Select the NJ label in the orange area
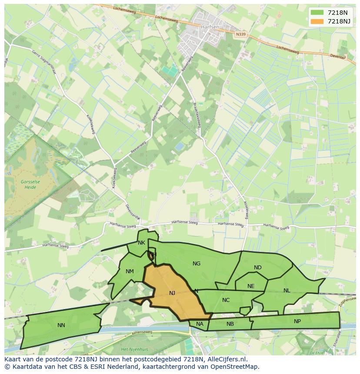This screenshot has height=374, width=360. (172, 293)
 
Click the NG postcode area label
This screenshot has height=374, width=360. (197, 264)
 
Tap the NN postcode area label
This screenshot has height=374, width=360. (61, 325)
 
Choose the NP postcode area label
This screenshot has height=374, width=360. (297, 321)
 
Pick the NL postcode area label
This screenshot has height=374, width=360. (287, 291)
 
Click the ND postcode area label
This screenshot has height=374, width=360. (258, 268)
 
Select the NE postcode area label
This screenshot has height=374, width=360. (251, 286)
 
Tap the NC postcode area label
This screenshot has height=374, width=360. (226, 300)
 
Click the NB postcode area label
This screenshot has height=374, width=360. (230, 324)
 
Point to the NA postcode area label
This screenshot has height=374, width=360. (200, 324)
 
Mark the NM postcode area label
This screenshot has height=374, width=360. (130, 272)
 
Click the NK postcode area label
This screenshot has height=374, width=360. (141, 243)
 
